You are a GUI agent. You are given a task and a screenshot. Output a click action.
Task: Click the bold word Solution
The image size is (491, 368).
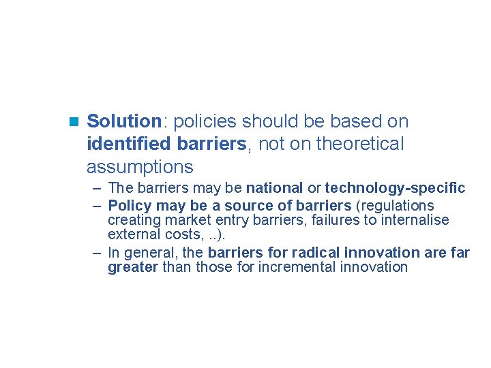(123, 122)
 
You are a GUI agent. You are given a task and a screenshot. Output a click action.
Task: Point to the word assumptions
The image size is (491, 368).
(140, 167)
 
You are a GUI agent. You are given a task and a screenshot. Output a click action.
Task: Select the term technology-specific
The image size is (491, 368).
(395, 187)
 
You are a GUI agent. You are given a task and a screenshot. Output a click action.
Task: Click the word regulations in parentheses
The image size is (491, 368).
(396, 206)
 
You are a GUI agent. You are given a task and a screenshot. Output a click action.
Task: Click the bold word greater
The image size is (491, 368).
(133, 267)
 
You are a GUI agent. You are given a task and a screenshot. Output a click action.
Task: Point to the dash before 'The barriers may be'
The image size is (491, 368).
(98, 187)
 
